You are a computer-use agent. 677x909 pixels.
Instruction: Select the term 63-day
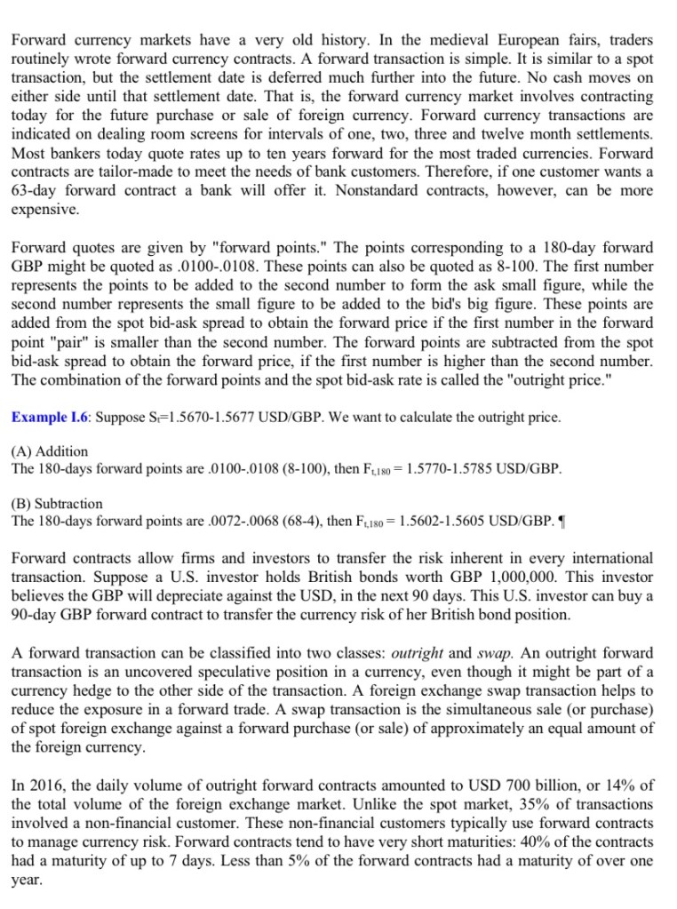click(36, 191)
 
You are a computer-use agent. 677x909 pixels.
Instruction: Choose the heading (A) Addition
click(50, 451)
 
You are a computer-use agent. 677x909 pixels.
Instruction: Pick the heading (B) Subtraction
click(57, 503)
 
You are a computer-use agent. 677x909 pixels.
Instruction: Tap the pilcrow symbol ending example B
click(553, 521)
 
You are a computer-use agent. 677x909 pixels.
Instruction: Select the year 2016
click(45, 785)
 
